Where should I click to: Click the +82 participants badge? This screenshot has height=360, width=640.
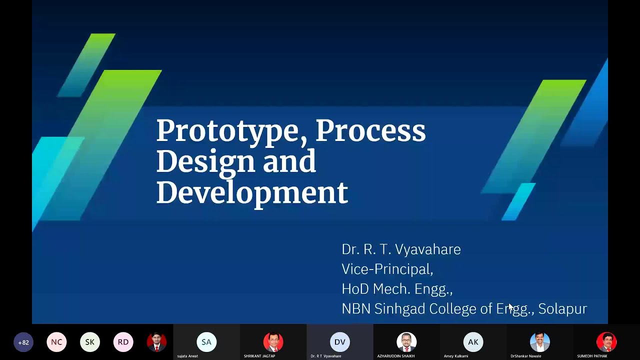coord(23,342)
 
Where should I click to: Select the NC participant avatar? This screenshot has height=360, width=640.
coord(56,342)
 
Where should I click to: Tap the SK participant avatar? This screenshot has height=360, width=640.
coord(90,342)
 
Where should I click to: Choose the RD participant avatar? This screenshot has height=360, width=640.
coord(123,342)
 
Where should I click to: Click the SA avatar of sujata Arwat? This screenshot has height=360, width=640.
coord(206,342)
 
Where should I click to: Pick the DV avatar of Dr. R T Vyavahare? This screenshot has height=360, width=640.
coord(339,342)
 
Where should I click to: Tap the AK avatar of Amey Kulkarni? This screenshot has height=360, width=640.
coord(473,342)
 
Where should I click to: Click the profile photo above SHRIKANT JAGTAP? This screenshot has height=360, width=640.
coord(273,342)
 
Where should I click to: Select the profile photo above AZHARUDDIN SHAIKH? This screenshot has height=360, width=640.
coord(406,342)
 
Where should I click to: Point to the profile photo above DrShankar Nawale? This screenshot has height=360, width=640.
coord(539,342)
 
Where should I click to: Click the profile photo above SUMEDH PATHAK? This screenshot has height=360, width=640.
coord(606,342)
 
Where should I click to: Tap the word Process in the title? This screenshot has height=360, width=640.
coord(370,130)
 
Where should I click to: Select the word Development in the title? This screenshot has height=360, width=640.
coord(251,193)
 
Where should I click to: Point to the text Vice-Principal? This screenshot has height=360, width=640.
coord(387,269)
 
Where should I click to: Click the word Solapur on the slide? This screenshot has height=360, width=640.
coord(562,309)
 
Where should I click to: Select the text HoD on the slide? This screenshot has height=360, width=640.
coord(355,289)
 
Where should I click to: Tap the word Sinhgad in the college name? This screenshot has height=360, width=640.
coord(400,309)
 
